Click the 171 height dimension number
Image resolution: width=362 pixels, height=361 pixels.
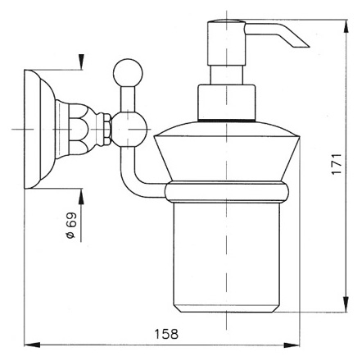click(x=337, y=164)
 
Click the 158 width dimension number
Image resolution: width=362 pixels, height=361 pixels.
click(x=166, y=334)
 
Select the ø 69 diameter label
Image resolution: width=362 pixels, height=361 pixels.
click(x=71, y=226)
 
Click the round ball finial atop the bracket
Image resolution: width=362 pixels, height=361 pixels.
click(x=128, y=72)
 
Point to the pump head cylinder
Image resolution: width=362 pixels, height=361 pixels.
click(x=227, y=43)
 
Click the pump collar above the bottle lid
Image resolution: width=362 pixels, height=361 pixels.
click(x=227, y=103)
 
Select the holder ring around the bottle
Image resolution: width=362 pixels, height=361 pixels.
click(x=227, y=192)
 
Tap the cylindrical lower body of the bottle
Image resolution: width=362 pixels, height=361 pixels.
click(x=226, y=257)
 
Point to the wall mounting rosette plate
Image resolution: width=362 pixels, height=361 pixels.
click(x=39, y=129)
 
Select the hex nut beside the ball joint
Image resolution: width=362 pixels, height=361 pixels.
click(x=106, y=129)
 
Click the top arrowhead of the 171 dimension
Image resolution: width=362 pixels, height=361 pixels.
click(x=346, y=26)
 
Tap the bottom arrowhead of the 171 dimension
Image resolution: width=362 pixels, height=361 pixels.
click(x=346, y=304)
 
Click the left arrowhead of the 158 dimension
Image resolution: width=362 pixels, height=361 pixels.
click(x=32, y=345)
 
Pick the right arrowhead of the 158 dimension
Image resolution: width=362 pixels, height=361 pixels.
click(x=292, y=345)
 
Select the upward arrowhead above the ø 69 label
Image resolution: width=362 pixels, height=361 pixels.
click(x=81, y=196)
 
